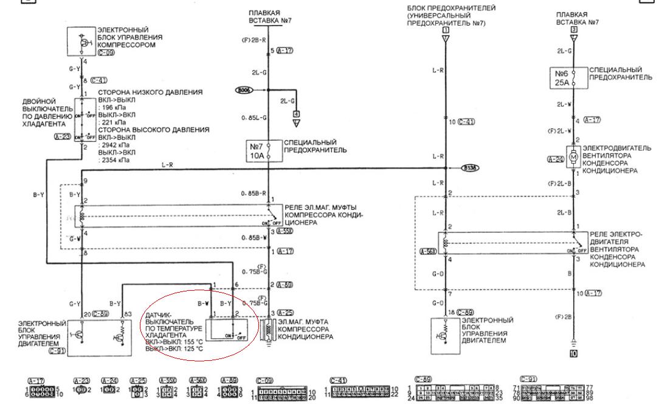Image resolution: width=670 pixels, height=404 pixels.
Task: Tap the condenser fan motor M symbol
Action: (x=573, y=156)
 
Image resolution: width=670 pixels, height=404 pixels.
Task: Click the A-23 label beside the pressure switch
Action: (x=64, y=138)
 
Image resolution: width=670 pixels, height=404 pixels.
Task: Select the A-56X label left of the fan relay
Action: (x=428, y=250)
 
